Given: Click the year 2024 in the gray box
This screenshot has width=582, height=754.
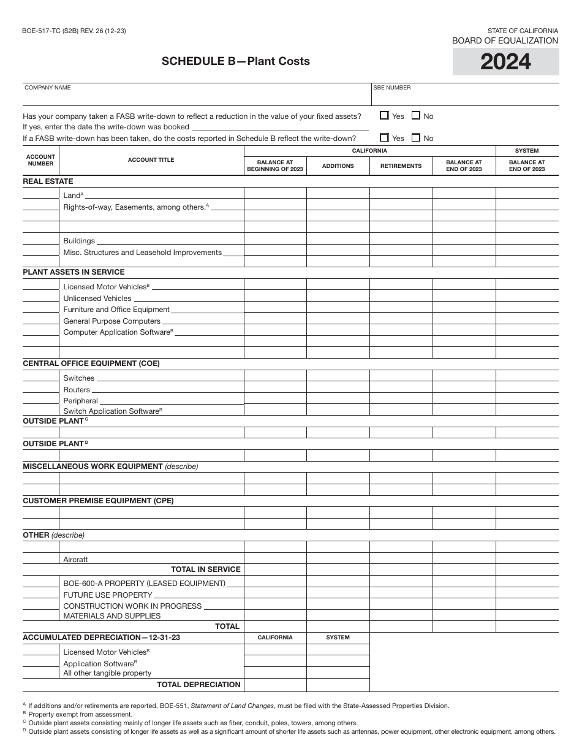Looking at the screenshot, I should pyautogui.click(x=505, y=62).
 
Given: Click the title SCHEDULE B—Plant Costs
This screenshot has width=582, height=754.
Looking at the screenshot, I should pyautogui.click(x=235, y=61).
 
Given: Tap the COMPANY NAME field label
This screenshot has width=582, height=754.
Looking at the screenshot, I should pyautogui.click(x=48, y=88).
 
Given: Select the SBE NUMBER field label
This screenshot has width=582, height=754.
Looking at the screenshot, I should pyautogui.click(x=392, y=88).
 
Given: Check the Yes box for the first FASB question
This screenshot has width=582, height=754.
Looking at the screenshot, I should pyautogui.click(x=385, y=115).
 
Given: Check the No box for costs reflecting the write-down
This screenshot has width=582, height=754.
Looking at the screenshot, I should pyautogui.click(x=417, y=138).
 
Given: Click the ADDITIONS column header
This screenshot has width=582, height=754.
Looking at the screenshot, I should pyautogui.click(x=338, y=166).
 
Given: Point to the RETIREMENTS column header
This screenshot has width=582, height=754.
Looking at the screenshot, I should pyautogui.click(x=401, y=166).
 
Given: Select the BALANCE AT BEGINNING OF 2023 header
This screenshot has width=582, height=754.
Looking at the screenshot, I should pyautogui.click(x=275, y=166).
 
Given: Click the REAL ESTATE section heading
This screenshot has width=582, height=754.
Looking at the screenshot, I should pyautogui.click(x=48, y=181).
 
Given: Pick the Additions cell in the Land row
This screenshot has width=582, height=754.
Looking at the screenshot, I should pyautogui.click(x=338, y=194).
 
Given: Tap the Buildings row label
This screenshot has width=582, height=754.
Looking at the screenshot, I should pyautogui.click(x=79, y=241).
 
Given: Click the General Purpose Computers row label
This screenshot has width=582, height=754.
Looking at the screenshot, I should pyautogui.click(x=111, y=321).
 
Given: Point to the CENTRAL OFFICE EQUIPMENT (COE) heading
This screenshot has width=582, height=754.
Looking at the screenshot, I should pyautogui.click(x=91, y=364).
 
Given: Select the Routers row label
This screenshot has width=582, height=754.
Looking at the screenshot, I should pyautogui.click(x=77, y=390).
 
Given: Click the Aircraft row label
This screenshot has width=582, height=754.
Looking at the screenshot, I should pyautogui.click(x=75, y=560).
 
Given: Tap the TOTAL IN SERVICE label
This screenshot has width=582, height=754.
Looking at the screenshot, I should pyautogui.click(x=205, y=569).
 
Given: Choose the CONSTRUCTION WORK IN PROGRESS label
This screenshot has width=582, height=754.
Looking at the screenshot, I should pyautogui.click(x=132, y=606).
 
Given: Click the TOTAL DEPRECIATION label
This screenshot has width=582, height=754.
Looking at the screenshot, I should pyautogui.click(x=198, y=685).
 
